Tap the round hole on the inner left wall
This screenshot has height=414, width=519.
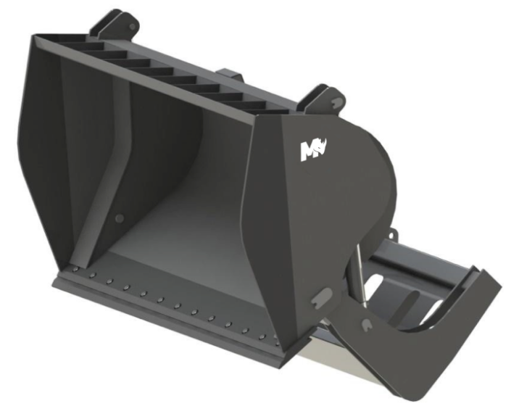pos(120,218)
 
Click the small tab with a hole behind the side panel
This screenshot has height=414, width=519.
pos(392,237)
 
